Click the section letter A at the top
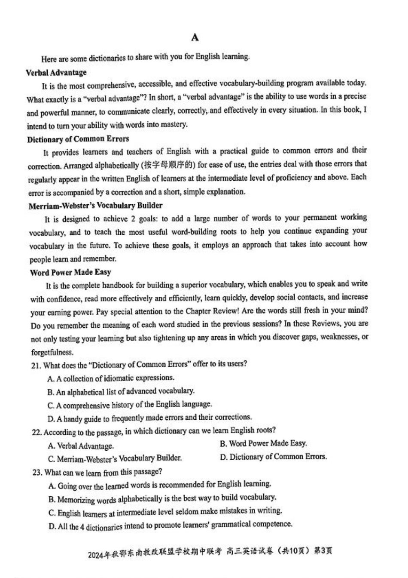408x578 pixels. click(x=195, y=38)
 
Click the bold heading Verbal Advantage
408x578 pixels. click(x=56, y=73)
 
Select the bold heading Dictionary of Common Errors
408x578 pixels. click(x=78, y=139)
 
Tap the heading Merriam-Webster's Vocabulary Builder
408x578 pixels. click(x=95, y=206)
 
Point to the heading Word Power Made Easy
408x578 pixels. click(x=70, y=272)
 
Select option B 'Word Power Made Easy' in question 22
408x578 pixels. click(x=263, y=443)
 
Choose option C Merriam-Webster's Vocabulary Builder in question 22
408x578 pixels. click(x=115, y=458)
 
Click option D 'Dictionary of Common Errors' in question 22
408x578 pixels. click(x=274, y=457)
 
